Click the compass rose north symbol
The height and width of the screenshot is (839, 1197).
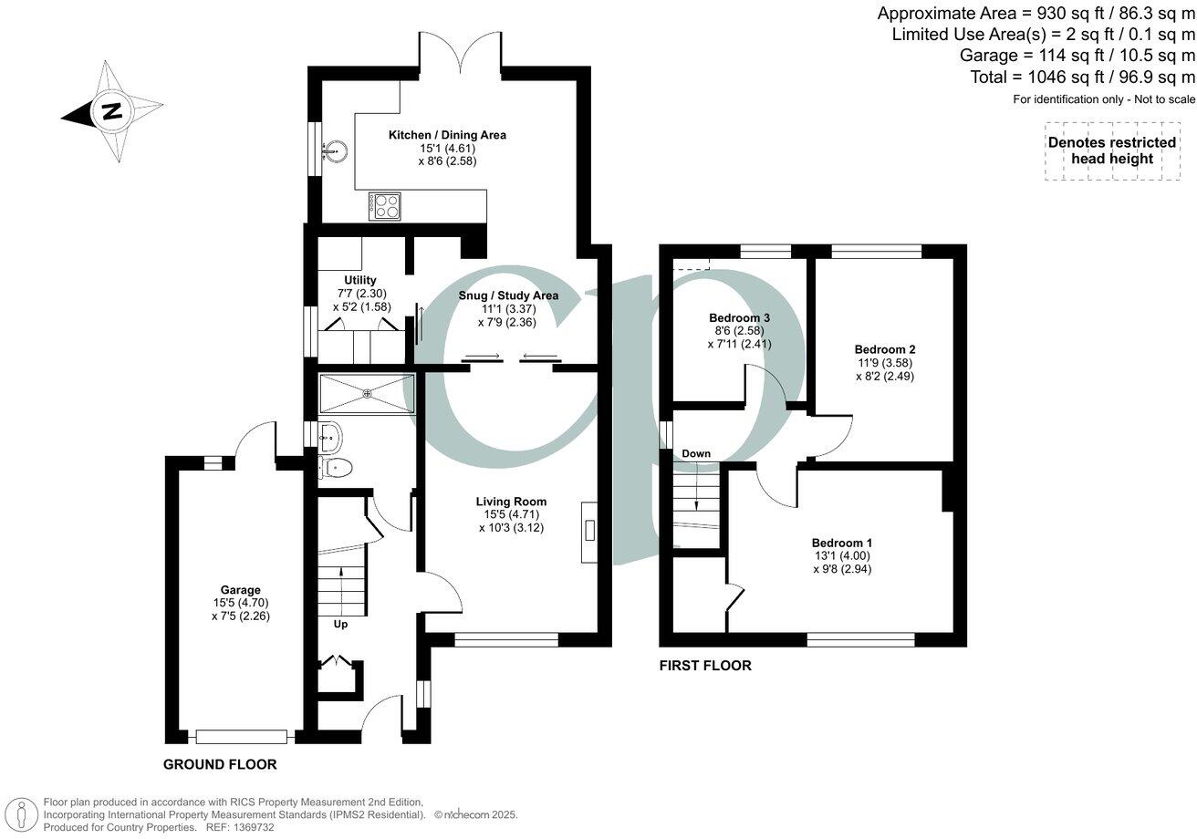click(111, 112)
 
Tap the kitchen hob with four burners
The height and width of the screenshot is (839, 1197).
click(384, 206)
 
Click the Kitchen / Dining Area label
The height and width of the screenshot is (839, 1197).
click(447, 135)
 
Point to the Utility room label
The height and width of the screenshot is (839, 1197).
click(360, 280)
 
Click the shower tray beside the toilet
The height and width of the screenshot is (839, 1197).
click(367, 394)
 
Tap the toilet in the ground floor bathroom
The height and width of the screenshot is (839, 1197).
click(338, 468)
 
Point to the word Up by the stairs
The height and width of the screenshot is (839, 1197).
click(339, 624)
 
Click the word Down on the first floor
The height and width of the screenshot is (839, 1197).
click(696, 453)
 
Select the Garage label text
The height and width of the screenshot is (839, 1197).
click(240, 590)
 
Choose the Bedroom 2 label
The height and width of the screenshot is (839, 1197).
click(884, 349)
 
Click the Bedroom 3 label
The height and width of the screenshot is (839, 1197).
click(739, 317)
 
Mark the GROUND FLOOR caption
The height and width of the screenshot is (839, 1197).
click(220, 764)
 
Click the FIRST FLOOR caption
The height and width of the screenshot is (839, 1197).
click(705, 666)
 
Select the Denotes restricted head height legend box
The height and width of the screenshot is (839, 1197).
click(1111, 150)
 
